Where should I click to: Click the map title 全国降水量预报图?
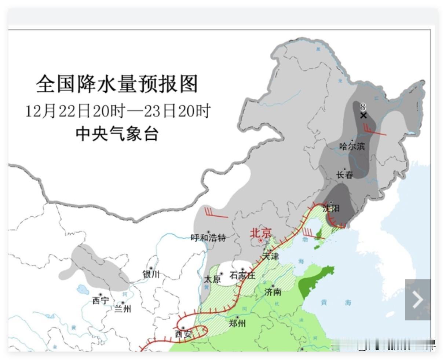[x=117, y=84]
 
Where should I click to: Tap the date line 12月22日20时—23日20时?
[x=118, y=111]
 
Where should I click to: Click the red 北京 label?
[x=261, y=233]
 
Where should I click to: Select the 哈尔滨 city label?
[x=352, y=147]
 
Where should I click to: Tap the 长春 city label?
[x=344, y=175]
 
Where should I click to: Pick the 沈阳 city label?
[x=331, y=209]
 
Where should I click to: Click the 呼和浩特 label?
[x=208, y=238]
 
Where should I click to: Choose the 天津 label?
[x=270, y=256]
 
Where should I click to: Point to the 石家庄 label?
[x=242, y=275]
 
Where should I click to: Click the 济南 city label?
[x=273, y=292]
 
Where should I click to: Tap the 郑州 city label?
[x=237, y=323]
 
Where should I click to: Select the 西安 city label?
[x=183, y=334]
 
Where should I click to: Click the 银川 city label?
[x=151, y=274]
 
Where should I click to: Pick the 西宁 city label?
[x=100, y=301]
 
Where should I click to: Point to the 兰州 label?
[x=123, y=309]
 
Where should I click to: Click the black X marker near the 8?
[x=363, y=115]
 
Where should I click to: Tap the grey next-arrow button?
[x=418, y=300]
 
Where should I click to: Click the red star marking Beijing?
[x=261, y=241]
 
